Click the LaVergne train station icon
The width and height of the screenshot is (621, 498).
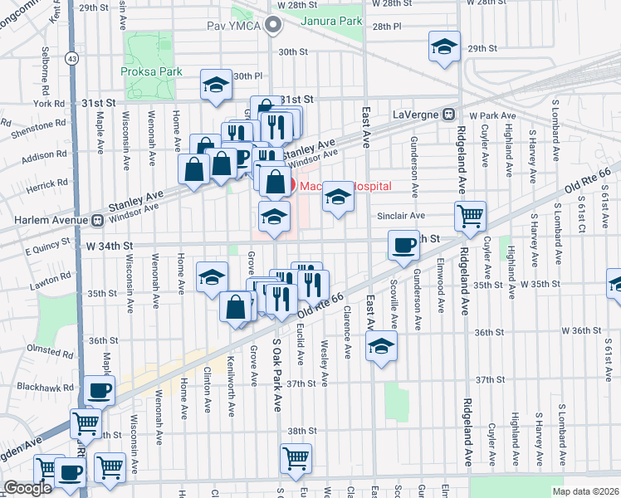pos(448,114)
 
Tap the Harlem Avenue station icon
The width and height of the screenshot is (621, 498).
pos(96,221)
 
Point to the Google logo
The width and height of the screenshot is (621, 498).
pos(27,488)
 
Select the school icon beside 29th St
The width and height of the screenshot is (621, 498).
pos(444,47)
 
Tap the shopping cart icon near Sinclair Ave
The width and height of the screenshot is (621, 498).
pos(470,217)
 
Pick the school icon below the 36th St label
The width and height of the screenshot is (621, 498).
pos(381,345)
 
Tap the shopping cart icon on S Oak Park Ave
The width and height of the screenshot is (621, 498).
pos(296,457)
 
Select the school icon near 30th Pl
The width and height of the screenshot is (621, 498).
pos(217,85)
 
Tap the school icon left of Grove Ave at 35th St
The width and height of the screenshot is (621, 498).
pos(212,276)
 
